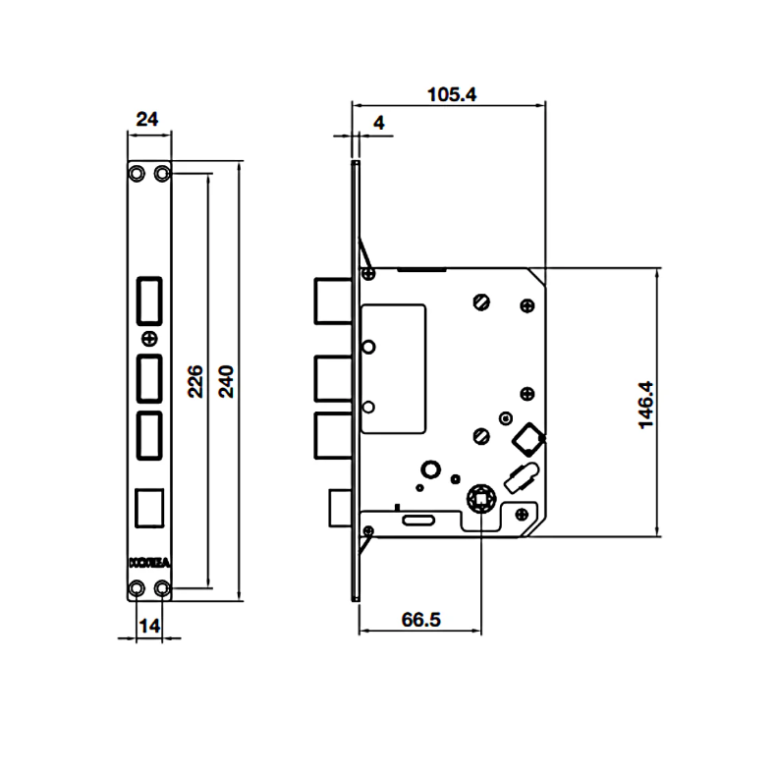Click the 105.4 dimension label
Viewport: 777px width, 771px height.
click(451, 94)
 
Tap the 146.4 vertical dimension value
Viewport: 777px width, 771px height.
click(644, 402)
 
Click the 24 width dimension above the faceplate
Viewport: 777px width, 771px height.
click(147, 119)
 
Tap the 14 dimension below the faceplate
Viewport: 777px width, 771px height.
click(149, 624)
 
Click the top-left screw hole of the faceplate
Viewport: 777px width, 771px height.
click(138, 173)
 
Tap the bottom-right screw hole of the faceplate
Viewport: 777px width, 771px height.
click(162, 587)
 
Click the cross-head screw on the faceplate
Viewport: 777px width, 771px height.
click(149, 339)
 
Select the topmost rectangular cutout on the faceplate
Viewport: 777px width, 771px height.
click(149, 300)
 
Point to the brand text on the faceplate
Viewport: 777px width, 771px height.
click(149, 563)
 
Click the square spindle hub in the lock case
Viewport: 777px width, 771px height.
click(482, 500)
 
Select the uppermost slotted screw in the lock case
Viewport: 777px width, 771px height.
click(480, 301)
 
